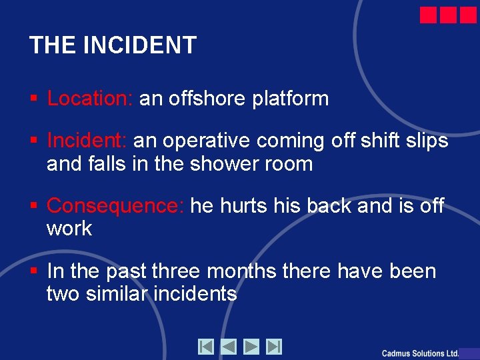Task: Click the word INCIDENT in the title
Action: click(140, 45)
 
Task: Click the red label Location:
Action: click(91, 99)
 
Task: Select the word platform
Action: click(291, 99)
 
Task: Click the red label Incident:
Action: click(87, 141)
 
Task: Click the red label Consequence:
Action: click(115, 205)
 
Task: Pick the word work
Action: click(69, 229)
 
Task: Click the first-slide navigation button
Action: click(205, 347)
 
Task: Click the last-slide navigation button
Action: click(274, 347)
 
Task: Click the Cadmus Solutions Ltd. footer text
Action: click(421, 353)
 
